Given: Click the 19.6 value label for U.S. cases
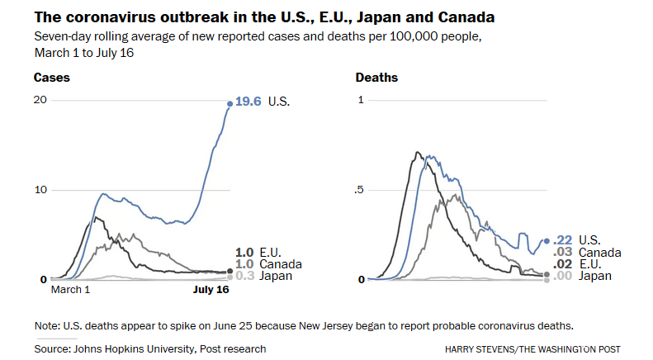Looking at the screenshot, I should click(x=248, y=102).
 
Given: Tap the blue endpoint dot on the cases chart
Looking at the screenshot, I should click(x=230, y=103).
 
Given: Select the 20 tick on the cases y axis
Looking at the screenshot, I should click(x=40, y=100).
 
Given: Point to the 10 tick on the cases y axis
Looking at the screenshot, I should click(x=40, y=190).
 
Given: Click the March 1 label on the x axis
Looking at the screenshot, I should click(x=71, y=291).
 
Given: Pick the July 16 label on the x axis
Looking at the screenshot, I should click(x=211, y=291).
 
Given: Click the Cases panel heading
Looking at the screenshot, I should click(x=51, y=78).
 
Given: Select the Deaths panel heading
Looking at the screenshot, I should click(x=376, y=78).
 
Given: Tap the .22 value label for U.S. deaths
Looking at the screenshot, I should click(x=562, y=240).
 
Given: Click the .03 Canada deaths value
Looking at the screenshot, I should click(x=562, y=253).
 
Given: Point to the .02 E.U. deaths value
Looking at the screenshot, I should click(x=562, y=264).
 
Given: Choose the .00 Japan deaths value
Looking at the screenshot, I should click(x=562, y=276).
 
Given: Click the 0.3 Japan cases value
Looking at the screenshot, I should click(x=244, y=276).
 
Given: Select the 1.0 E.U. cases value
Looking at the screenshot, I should click(x=244, y=253).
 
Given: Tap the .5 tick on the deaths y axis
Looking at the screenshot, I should click(x=360, y=190).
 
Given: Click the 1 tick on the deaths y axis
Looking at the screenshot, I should click(x=361, y=100).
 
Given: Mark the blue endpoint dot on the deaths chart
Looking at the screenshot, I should click(x=547, y=241).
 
